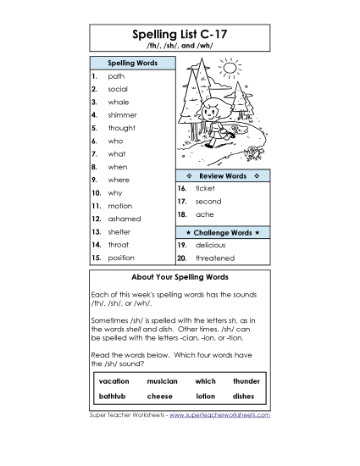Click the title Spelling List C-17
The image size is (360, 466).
[180, 34]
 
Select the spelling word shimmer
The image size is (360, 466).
[122, 115]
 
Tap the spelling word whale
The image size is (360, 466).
[119, 102]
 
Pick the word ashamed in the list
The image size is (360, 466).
[124, 219]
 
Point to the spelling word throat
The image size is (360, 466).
[119, 244]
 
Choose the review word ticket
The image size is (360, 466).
[205, 188]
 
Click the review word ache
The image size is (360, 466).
[204, 215]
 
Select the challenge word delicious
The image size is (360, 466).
[210, 244]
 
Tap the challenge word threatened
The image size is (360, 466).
[214, 258]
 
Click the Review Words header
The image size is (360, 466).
[223, 175]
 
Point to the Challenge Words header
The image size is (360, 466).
[223, 231]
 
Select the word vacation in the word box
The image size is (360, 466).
[114, 381]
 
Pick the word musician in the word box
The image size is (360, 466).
[162, 381]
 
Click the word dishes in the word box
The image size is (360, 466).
[246, 396]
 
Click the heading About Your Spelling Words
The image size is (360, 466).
[180, 277]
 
